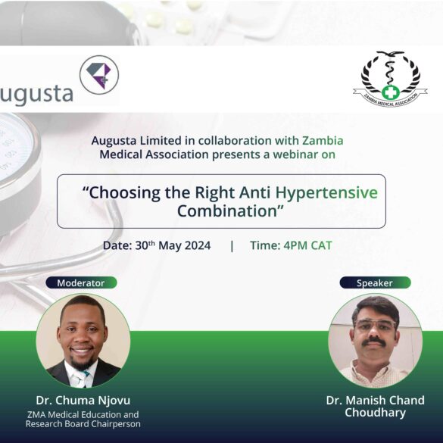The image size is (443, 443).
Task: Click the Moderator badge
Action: pos(81,282)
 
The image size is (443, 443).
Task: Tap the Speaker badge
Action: pos(375,282)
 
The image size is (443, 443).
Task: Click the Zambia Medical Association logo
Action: pos(390,79)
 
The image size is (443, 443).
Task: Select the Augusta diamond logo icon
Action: pos(99,75)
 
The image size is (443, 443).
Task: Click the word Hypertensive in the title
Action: pos(326,192)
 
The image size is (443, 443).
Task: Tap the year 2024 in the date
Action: pos(197,245)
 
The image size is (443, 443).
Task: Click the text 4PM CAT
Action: pos(308,245)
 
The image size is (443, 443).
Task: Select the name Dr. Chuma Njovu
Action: pos(83,401)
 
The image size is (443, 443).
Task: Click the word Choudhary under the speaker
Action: pos(375,413)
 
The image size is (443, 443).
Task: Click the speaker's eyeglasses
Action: pos(376,325)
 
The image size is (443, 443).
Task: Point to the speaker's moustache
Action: pos(374,342)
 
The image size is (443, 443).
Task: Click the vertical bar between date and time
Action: pos(232,246)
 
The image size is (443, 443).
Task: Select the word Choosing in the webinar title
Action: pos(125,193)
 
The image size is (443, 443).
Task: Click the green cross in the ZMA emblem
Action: pos(391,92)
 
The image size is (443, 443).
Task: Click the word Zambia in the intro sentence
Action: pos(323,140)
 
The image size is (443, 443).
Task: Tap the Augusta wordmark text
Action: pos(36,94)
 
